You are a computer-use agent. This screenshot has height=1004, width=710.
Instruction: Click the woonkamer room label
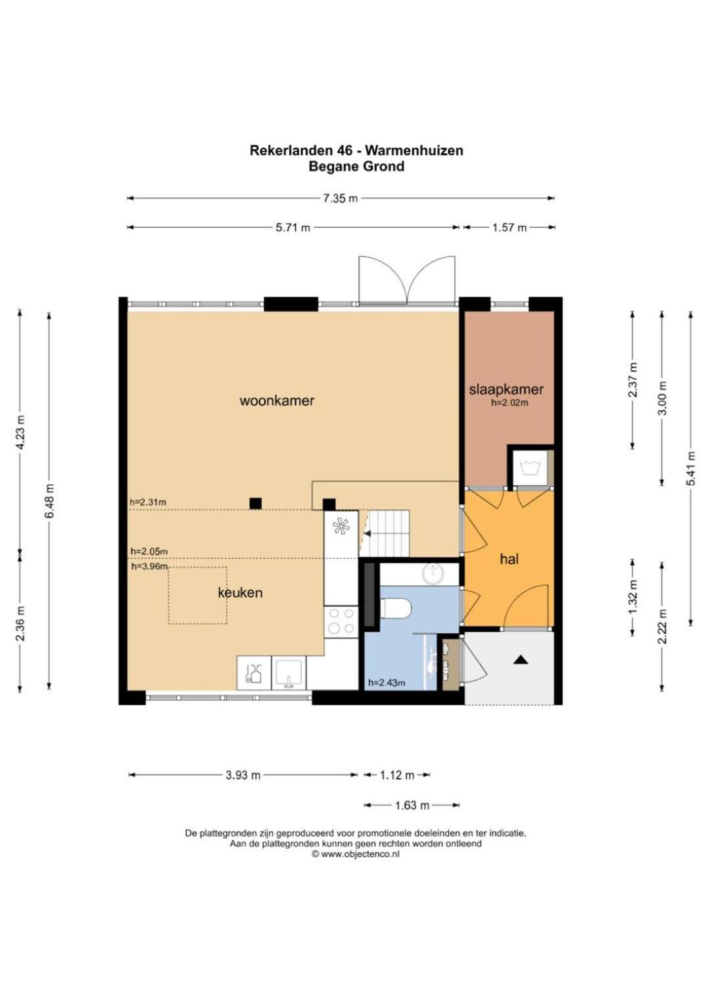(277, 400)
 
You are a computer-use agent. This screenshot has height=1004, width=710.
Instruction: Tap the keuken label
(240, 592)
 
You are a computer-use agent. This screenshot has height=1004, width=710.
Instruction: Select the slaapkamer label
(506, 389)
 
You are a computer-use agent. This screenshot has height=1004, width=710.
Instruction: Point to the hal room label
(509, 559)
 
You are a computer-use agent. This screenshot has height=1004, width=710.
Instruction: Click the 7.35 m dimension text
(341, 198)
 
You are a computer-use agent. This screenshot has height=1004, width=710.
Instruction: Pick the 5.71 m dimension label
(293, 227)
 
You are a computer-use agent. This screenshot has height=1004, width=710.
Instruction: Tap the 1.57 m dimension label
(509, 227)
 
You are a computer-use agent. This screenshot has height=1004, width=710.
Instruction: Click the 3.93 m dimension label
(243, 775)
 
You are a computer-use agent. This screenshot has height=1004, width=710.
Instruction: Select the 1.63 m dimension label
(412, 805)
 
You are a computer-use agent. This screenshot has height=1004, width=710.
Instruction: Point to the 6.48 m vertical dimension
(49, 500)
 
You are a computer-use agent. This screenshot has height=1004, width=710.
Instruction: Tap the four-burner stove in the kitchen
(341, 621)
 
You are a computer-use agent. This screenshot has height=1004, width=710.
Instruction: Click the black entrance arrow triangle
(520, 659)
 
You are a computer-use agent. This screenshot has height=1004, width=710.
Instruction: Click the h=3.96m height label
(149, 566)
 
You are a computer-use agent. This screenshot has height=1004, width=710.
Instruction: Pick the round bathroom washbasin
(433, 574)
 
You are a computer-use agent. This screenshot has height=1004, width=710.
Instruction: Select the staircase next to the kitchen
(387, 533)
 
